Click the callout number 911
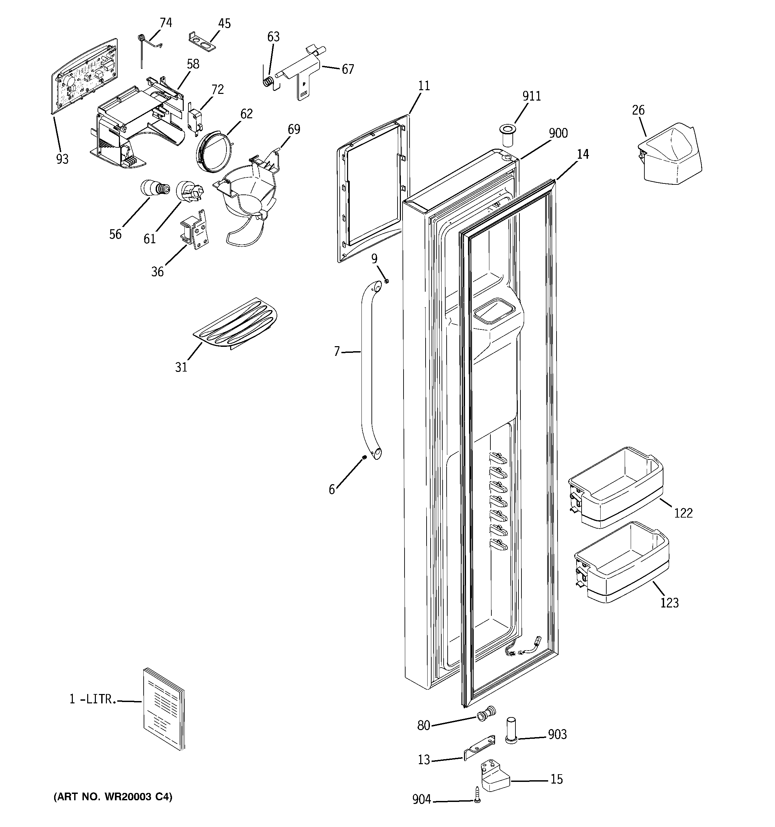coord(531,96)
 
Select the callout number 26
coord(638,110)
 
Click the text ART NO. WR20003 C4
coord(113,797)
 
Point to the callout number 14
coord(583,154)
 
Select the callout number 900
coord(558,133)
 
